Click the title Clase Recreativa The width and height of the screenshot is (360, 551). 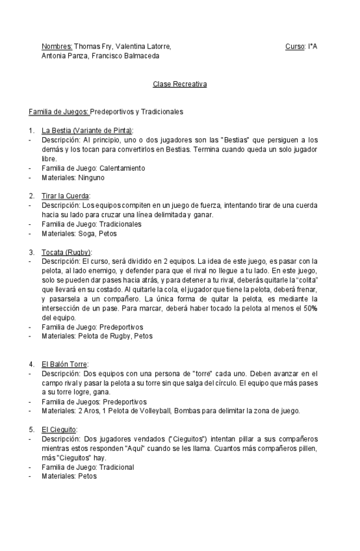[x=179, y=84]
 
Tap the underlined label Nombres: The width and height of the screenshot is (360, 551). [x=57, y=47]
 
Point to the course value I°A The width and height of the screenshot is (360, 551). [x=312, y=47]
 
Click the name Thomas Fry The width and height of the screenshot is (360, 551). [x=93, y=47]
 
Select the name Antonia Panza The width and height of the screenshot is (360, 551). [x=62, y=56]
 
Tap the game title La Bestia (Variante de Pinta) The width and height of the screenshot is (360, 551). [x=87, y=131]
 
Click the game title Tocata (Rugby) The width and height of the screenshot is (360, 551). [x=66, y=251]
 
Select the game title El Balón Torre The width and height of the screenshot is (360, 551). [x=64, y=364]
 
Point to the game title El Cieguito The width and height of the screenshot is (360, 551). [x=59, y=429]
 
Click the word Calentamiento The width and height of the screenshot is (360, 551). [x=122, y=168]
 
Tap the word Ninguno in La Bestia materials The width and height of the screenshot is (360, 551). [x=91, y=177]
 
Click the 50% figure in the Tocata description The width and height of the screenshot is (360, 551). [x=311, y=308]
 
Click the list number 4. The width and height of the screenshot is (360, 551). [x=32, y=364]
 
